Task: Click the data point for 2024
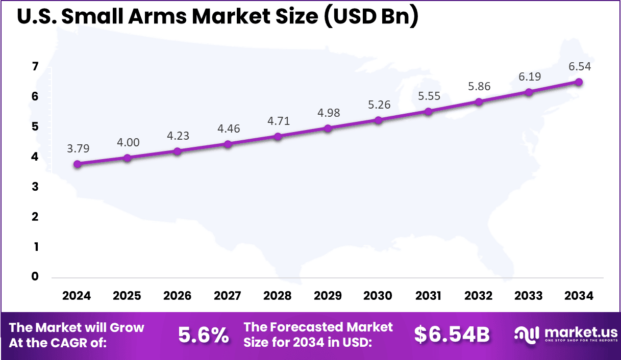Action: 77,164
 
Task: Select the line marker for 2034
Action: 579,82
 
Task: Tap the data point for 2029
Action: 328,128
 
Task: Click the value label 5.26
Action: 378,105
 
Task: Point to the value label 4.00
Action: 128,143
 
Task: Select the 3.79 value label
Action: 77,148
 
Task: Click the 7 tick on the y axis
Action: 35,67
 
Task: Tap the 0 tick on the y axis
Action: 35,277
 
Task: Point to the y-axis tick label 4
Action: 35,157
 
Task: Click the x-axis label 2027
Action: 228,296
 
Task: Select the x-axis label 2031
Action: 428,296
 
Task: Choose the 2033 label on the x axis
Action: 529,296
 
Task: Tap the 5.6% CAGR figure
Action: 203,335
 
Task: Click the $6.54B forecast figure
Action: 452,335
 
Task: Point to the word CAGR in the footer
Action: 74,343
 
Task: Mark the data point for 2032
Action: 479,101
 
